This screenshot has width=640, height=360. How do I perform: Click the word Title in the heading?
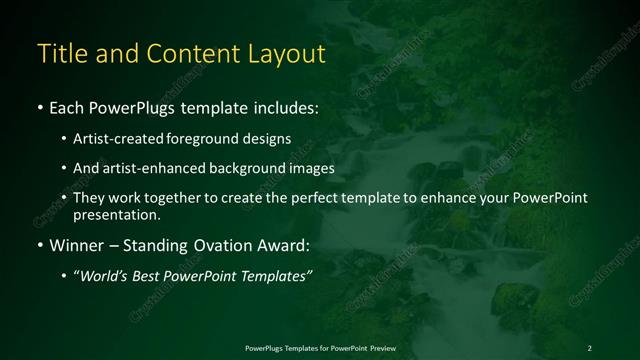(x=59, y=53)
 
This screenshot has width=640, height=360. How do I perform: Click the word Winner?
(x=74, y=245)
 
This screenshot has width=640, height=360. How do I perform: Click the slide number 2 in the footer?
(x=589, y=347)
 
